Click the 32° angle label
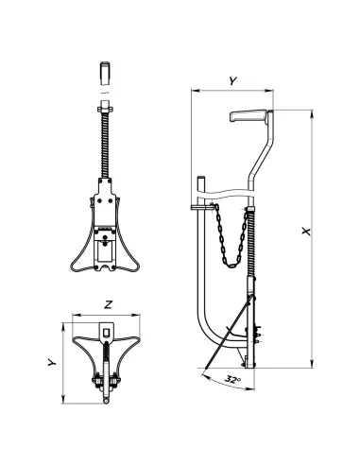pos(232,379)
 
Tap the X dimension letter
pos(306,231)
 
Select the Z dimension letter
pos(108,304)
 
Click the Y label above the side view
pos(232,81)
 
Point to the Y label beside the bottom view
pos(52,362)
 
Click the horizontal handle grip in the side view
pos(249,115)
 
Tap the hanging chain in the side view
pos(231,236)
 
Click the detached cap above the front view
pos(105,74)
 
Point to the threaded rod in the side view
pos(250,242)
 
